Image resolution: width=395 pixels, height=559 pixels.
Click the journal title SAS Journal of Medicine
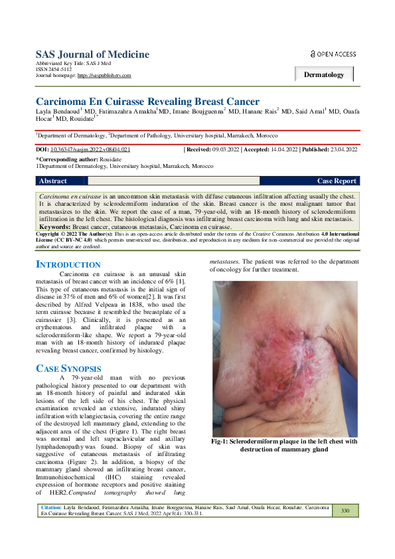coord(90,54)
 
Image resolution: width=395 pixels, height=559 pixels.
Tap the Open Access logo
coord(334,54)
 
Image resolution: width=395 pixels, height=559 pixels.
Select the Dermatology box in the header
coord(324,74)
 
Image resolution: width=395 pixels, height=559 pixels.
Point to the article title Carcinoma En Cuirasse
coord(147,101)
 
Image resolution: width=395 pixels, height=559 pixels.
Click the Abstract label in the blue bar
coord(53,181)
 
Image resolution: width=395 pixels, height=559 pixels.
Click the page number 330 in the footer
coord(345,511)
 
